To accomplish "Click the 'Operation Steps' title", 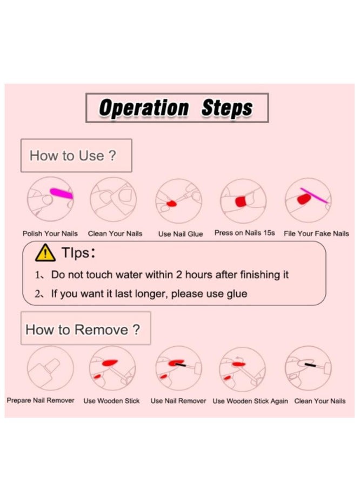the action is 176,107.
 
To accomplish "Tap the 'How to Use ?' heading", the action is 72,156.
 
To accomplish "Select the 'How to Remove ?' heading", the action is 83,329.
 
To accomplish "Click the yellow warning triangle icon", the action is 45,253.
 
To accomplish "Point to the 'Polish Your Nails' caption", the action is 50,233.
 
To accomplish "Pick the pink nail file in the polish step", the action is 62,193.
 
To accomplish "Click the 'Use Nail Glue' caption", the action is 181,234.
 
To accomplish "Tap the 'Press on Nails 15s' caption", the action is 245,233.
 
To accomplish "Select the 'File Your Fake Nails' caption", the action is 316,233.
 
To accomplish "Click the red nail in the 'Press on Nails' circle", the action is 241,201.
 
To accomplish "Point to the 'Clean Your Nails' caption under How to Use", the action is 115,233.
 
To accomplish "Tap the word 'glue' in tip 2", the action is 237,294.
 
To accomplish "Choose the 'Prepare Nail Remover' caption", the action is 41,400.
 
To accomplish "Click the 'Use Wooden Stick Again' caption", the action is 250,401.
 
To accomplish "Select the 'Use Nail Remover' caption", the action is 178,401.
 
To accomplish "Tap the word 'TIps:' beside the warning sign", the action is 78,253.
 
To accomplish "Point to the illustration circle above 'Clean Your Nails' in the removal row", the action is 308,368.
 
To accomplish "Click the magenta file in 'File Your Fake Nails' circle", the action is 314,196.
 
